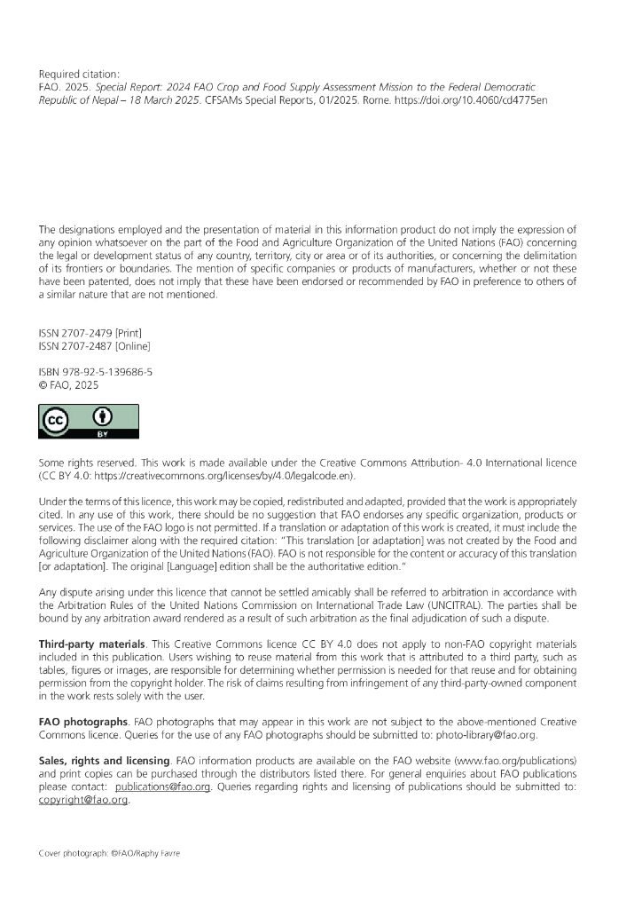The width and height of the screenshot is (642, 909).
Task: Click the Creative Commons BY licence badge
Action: pyautogui.click(x=88, y=422)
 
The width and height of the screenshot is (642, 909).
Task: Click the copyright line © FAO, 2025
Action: pyautogui.click(x=69, y=385)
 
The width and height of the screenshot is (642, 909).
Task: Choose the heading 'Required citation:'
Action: pyautogui.click(x=79, y=74)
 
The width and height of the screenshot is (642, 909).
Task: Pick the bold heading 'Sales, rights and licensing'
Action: pyautogui.click(x=104, y=761)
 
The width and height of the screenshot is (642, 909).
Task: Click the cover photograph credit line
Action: pyautogui.click(x=109, y=853)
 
